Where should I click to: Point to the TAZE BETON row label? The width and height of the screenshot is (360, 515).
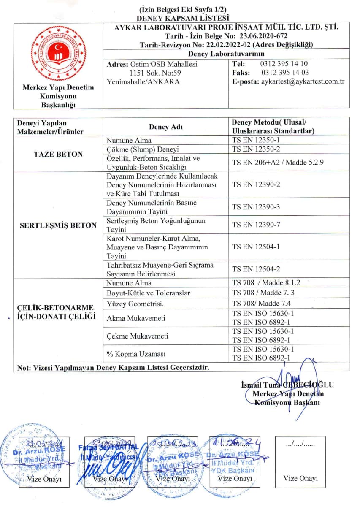click(x=58, y=154)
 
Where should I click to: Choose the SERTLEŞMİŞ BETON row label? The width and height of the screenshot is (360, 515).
click(x=58, y=225)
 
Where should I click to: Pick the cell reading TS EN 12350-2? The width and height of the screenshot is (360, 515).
click(x=256, y=149)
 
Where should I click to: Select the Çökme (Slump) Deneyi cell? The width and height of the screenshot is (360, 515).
click(x=143, y=149)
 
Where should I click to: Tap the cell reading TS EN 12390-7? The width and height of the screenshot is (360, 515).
click(x=256, y=225)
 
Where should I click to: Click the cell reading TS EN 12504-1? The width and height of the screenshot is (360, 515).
click(x=256, y=247)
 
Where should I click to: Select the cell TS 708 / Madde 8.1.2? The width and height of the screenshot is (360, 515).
click(x=266, y=282)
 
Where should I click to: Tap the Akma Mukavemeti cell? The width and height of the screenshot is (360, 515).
click(x=136, y=318)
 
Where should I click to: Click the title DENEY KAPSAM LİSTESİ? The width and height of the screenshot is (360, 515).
click(x=183, y=18)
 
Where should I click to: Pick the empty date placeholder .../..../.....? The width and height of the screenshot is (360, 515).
click(x=300, y=444)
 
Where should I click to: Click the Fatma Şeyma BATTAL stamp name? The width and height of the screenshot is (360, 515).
click(x=109, y=448)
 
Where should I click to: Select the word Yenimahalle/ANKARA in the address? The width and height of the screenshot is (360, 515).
click(x=143, y=81)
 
